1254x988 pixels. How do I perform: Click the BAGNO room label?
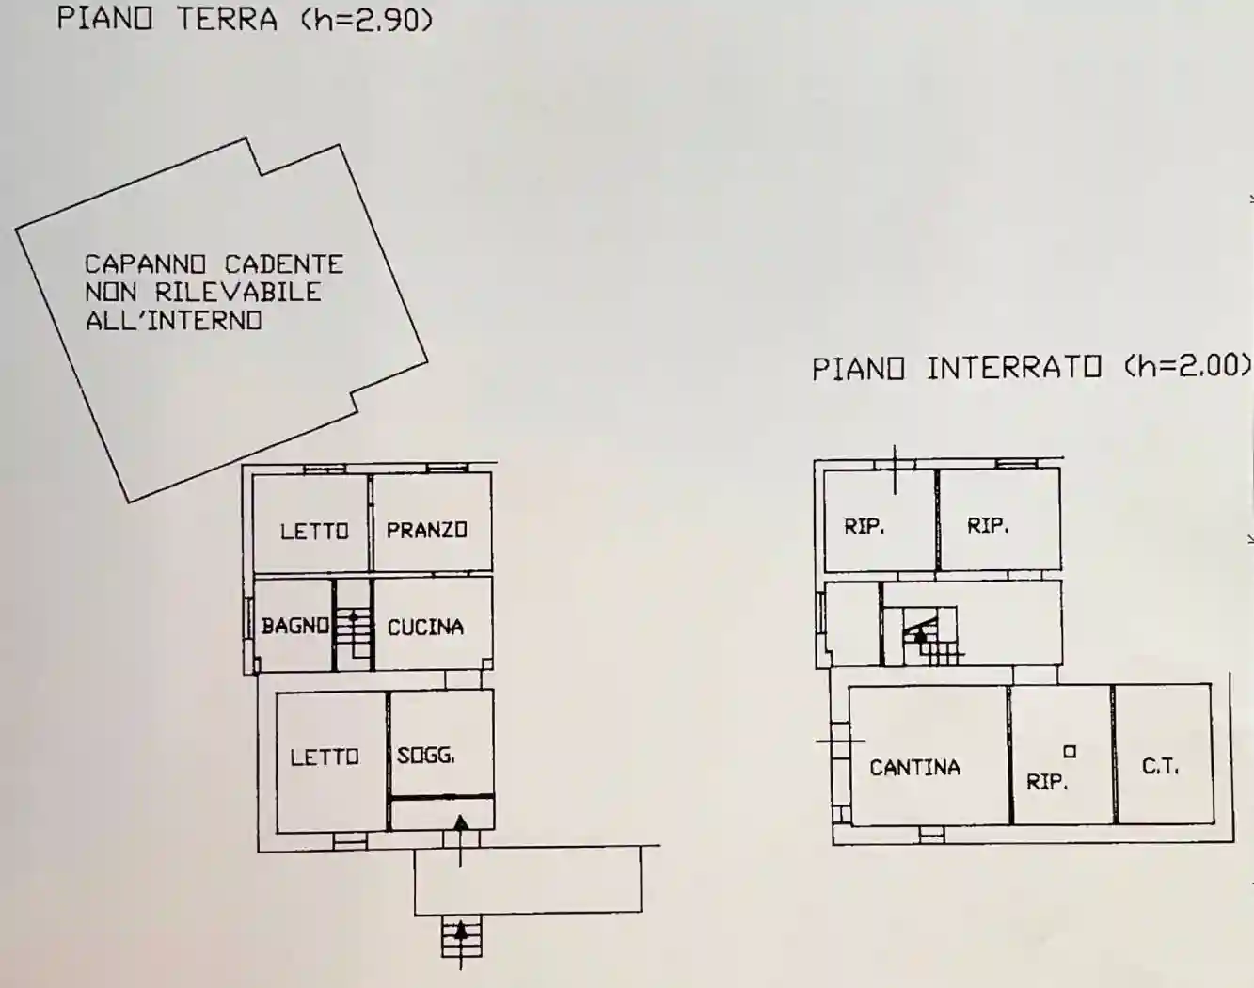[x=295, y=626]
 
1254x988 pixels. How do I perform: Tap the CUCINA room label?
[x=425, y=628]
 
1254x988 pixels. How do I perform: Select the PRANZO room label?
[x=426, y=530]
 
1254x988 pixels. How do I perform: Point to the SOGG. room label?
[x=425, y=756]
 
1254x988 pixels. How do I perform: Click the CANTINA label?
[x=914, y=768]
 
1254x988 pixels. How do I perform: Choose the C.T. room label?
[x=1160, y=767]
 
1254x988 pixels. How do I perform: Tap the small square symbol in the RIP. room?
[x=1070, y=751]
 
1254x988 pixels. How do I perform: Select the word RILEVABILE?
[x=238, y=292]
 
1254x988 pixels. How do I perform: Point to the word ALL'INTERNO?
[x=174, y=320]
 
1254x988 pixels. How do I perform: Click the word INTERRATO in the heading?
[x=1014, y=369]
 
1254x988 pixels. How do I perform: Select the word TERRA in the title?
[x=228, y=20]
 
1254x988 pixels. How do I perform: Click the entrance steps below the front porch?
[x=462, y=936]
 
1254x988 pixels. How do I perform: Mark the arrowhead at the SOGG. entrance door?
[x=461, y=823]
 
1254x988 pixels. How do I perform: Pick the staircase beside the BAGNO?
[x=354, y=632]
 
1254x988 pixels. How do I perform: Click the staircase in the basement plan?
[x=931, y=636]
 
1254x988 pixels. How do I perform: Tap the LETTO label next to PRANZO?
[x=314, y=531]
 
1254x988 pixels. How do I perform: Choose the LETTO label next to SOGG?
[x=325, y=757]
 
